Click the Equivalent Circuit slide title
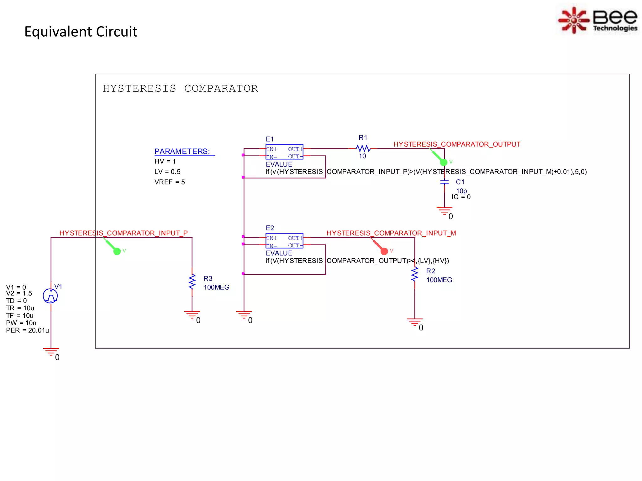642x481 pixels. [x=81, y=32]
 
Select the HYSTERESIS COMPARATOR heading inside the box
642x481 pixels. [x=180, y=89]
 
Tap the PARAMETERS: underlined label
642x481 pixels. [x=182, y=152]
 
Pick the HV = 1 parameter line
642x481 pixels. [x=165, y=162]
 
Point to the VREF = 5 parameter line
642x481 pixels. [x=170, y=182]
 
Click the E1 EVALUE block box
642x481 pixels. [x=284, y=152]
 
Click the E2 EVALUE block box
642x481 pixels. [x=284, y=241]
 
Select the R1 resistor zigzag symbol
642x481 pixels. [x=363, y=148]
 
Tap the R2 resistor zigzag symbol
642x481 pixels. [x=415, y=275]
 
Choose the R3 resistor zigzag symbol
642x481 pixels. [x=192, y=282]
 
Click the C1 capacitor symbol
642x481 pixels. [x=444, y=182]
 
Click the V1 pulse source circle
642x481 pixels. [x=50, y=296]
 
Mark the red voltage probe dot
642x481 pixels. [x=384, y=251]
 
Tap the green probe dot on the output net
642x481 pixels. [x=444, y=162]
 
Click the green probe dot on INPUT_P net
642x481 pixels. [x=117, y=251]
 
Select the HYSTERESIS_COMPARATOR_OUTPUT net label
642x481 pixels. [x=457, y=144]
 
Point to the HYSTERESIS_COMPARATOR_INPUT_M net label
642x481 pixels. [x=391, y=233]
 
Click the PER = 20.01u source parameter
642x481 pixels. [x=27, y=330]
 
